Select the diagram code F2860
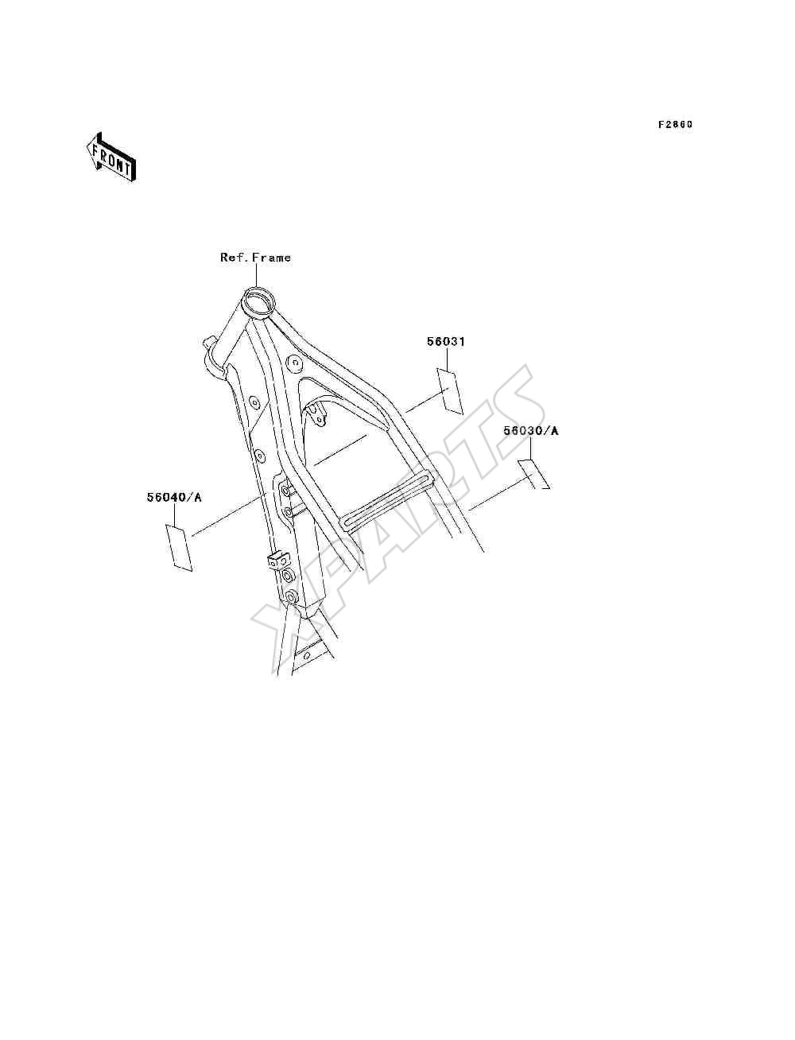pyautogui.click(x=675, y=125)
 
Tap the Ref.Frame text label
pyautogui.click(x=255, y=258)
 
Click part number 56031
pyautogui.click(x=446, y=341)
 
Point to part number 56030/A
pyautogui.click(x=530, y=431)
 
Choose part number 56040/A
pyautogui.click(x=174, y=497)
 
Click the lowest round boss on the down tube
pyautogui.click(x=291, y=596)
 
